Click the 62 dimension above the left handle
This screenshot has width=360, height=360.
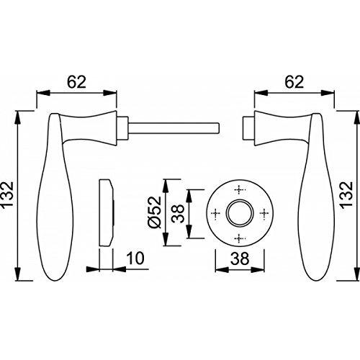(76, 82)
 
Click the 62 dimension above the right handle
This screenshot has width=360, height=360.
(294, 82)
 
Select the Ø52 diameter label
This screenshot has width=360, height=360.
(155, 213)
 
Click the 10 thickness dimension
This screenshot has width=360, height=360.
(135, 258)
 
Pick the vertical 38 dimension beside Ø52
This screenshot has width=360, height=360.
(179, 214)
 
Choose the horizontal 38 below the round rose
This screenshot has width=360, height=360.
(240, 258)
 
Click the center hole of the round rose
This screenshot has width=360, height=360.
(239, 212)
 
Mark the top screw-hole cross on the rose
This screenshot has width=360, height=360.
(239, 190)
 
